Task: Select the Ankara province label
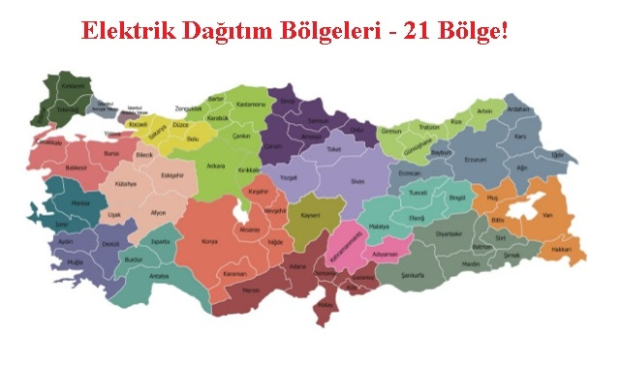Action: point(218,166)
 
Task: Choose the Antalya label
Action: point(159,276)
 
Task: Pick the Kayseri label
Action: point(309,215)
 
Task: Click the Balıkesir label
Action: point(77,167)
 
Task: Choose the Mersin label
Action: point(250,289)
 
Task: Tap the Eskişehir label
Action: point(171,175)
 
